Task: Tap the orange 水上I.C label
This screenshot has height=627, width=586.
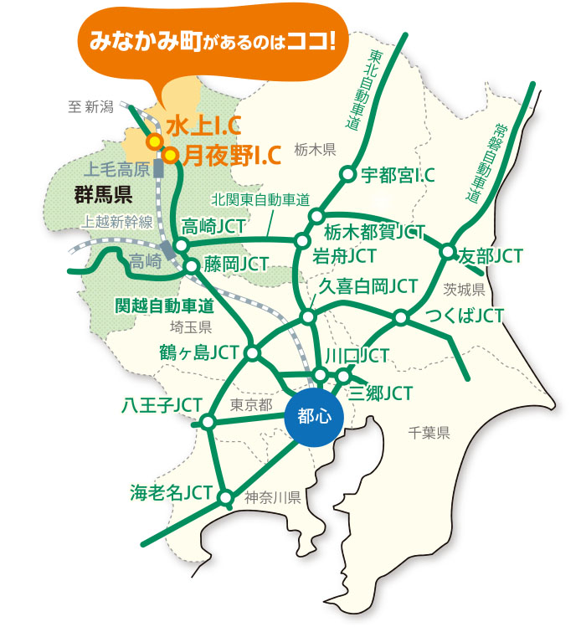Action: (203, 126)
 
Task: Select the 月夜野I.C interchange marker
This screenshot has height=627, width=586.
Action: (170, 155)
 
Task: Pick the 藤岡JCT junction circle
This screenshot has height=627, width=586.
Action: (192, 266)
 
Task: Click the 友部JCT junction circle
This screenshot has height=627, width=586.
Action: (448, 251)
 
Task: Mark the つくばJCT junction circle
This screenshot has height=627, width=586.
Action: (401, 317)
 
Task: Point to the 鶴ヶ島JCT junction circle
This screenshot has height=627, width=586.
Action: (252, 353)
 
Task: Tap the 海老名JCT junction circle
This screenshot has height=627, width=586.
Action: (225, 498)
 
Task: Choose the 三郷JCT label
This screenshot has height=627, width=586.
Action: (382, 393)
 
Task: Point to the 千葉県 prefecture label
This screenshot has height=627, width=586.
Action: (429, 433)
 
